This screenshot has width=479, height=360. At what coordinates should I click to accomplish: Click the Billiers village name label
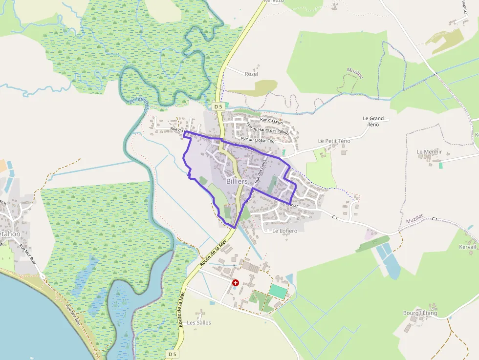tap(238, 181)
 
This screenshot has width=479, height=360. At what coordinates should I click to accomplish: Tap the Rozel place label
tap(251, 74)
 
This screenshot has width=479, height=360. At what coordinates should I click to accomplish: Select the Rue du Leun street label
tap(271, 120)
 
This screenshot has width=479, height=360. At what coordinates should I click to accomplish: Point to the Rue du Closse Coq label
tap(267, 141)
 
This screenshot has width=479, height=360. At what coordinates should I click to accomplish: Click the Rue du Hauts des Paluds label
tap(268, 130)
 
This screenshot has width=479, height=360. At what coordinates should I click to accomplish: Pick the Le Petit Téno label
tap(334, 141)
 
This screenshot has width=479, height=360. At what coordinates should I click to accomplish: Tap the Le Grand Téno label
tap(373, 121)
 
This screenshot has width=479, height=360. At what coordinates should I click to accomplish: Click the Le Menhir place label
tap(429, 152)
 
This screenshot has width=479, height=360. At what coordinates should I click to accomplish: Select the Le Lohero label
tap(284, 231)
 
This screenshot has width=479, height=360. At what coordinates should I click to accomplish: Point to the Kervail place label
tap(467, 247)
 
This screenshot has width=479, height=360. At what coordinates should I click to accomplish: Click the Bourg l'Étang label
tap(420, 313)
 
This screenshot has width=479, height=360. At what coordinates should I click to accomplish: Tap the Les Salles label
tap(198, 323)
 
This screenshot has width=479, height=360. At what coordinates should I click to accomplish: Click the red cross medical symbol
tap(235, 283)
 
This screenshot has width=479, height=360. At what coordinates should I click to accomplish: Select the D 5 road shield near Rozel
tap(218, 106)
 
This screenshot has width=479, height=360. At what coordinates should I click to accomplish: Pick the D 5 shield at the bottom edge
tap(172, 354)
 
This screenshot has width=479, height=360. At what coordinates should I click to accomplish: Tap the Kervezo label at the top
tap(274, 1)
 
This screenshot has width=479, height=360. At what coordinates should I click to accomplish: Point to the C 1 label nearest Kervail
tap(435, 219)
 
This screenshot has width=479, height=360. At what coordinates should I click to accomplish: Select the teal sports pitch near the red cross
tap(277, 291)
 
